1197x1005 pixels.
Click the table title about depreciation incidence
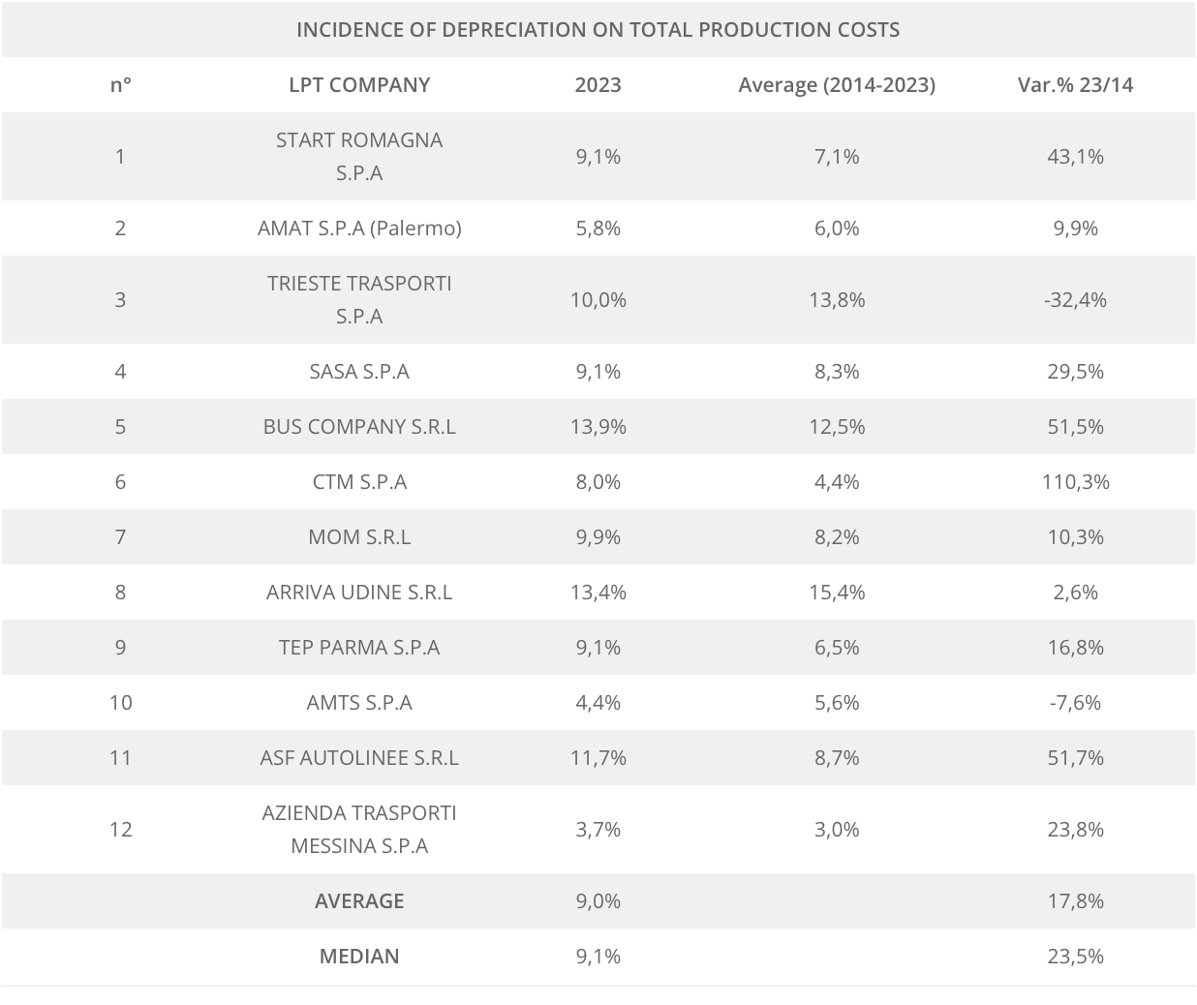tap(598, 29)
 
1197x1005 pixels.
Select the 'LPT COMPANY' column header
tap(359, 84)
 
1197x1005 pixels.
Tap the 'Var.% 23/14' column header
tap(1075, 84)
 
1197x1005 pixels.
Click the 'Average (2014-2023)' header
tap(837, 84)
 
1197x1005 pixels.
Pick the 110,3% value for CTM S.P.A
tap(1075, 481)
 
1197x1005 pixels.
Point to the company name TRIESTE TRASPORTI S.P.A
tap(359, 299)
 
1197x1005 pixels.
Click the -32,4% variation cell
tap(1075, 299)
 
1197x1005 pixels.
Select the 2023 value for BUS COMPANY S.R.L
tap(598, 426)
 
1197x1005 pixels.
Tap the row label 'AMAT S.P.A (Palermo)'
tap(359, 228)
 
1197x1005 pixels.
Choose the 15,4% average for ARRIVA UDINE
tap(837, 592)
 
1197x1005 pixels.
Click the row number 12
tap(120, 829)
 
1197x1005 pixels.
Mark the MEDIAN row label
tap(359, 956)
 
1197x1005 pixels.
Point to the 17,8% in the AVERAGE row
tap(1075, 900)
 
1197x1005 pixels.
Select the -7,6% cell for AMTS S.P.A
tap(1075, 702)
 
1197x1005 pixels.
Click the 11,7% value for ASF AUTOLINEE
tap(598, 757)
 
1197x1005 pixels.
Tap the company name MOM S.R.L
tap(359, 536)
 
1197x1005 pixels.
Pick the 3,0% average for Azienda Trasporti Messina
tap(837, 829)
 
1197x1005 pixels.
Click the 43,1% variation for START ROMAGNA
tap(1075, 156)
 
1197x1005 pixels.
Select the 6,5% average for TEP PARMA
tap(837, 647)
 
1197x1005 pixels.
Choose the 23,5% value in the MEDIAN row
tap(1075, 956)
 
